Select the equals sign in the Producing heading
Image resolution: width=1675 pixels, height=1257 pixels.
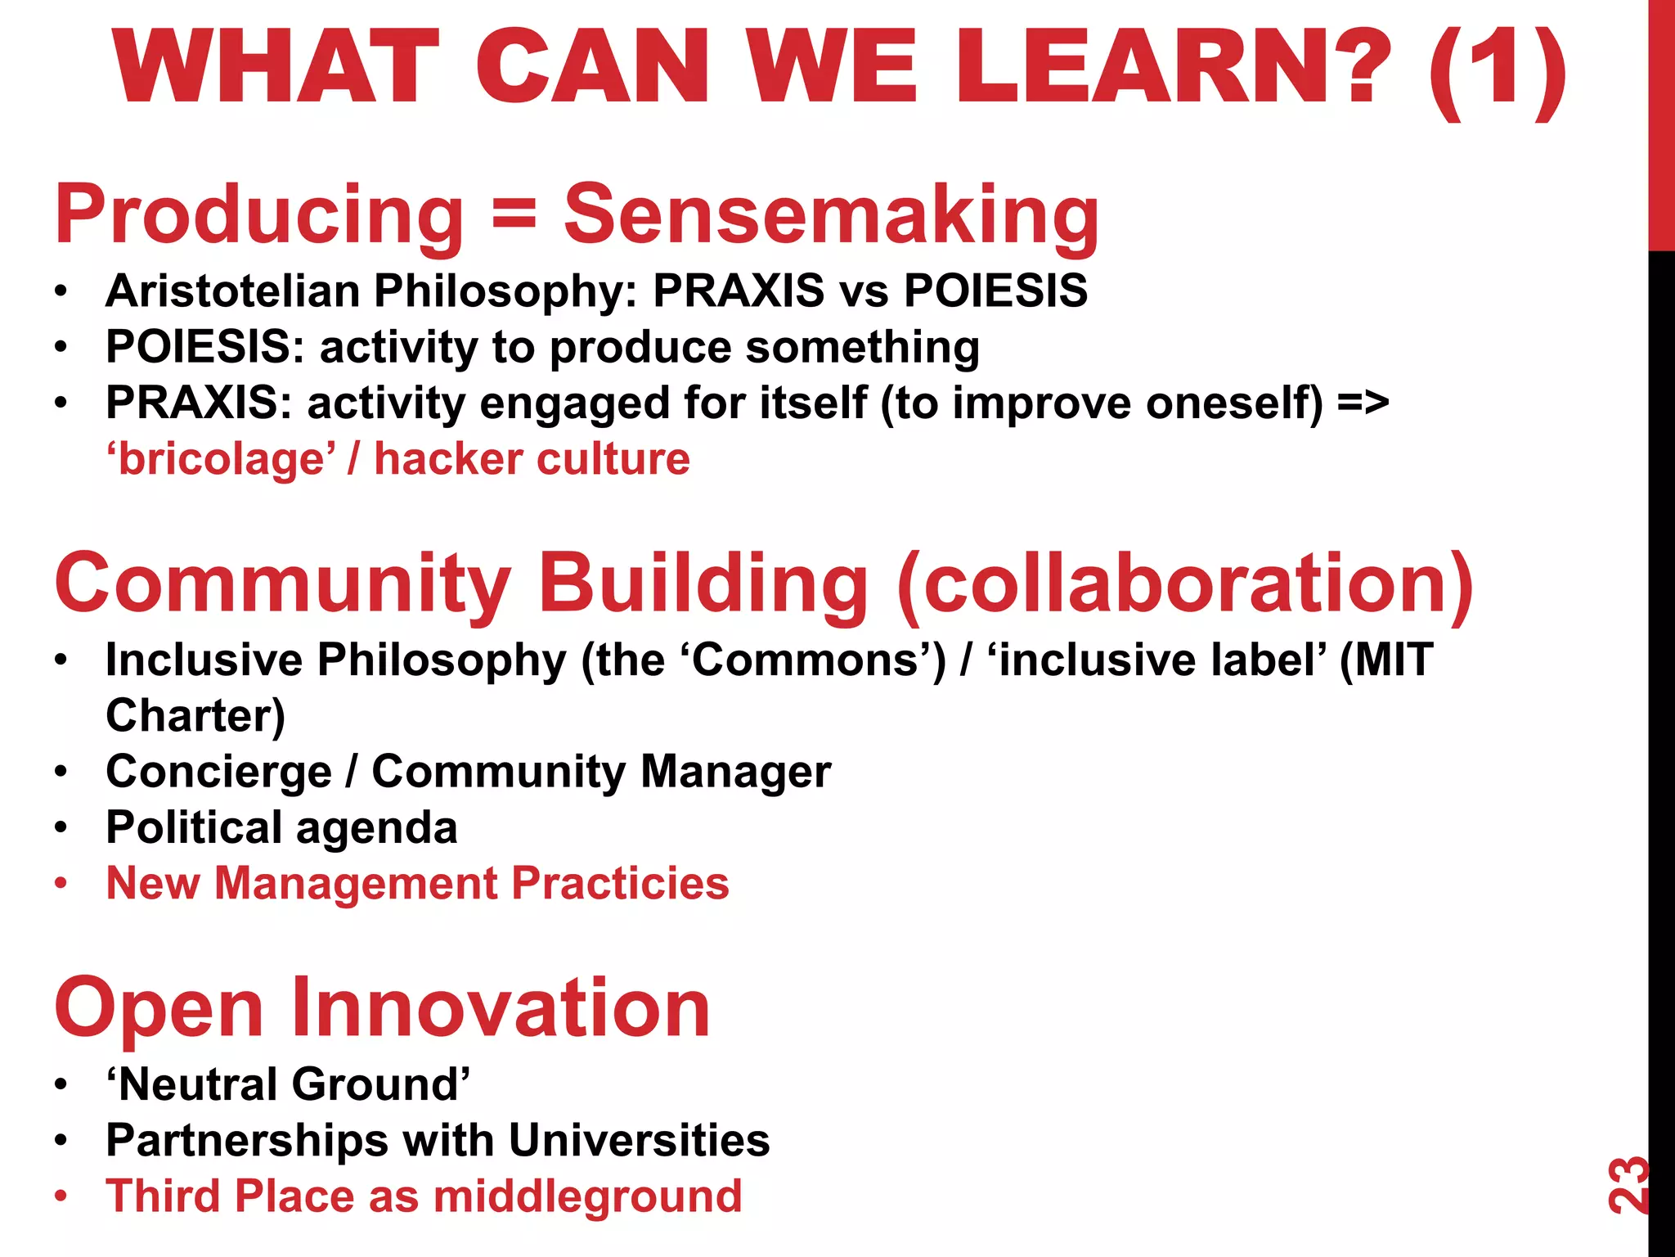pyautogui.click(x=514, y=214)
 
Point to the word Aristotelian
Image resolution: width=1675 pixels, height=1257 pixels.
pyautogui.click(x=232, y=291)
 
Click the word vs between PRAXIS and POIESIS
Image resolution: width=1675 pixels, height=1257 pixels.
pyautogui.click(x=864, y=291)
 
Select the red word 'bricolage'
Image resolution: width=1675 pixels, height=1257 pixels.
pyautogui.click(x=222, y=459)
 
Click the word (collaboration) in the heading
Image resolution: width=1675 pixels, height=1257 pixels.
pyautogui.click(x=1185, y=583)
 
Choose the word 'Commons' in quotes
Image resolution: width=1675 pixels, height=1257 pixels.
pyautogui.click(x=810, y=660)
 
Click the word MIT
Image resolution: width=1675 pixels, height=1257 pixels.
pyautogui.click(x=1386, y=660)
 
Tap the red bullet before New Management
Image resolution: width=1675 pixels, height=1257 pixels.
pyautogui.click(x=61, y=884)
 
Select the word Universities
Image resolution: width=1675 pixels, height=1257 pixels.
pyautogui.click(x=639, y=1140)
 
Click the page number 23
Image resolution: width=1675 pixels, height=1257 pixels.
pyautogui.click(x=1628, y=1185)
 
